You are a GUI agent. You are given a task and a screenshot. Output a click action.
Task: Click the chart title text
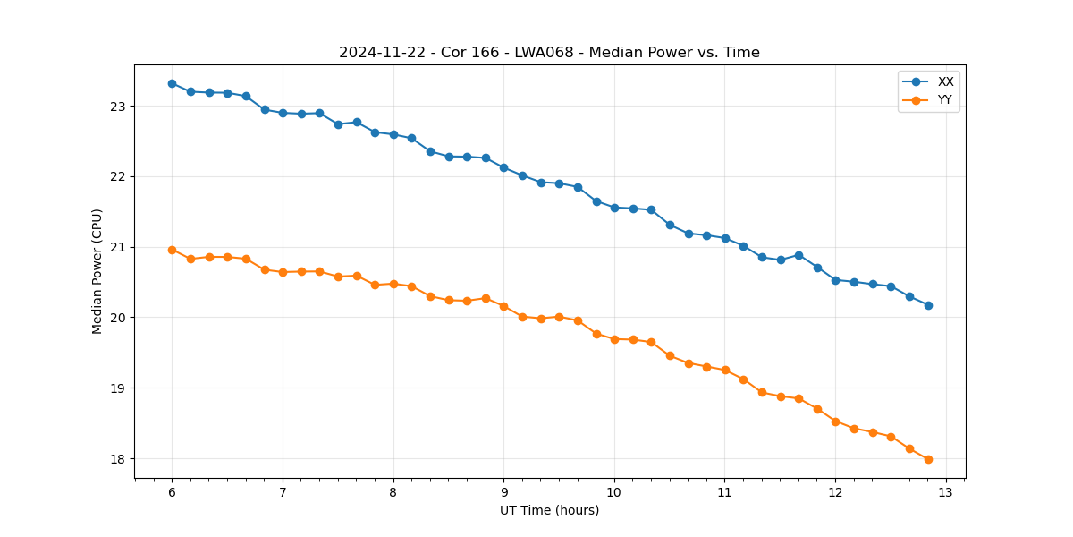point(549,53)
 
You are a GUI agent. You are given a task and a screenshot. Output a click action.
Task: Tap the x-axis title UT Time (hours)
point(549,510)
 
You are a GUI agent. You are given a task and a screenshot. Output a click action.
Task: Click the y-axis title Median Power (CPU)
point(97,271)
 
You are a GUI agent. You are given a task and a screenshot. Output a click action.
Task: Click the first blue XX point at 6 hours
point(172,83)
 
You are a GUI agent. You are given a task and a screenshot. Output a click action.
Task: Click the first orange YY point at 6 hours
point(172,250)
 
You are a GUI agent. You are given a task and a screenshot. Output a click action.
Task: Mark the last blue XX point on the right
point(928,305)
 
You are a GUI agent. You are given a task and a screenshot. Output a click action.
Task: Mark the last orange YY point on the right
point(928,459)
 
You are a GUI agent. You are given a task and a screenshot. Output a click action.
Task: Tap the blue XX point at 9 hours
point(503,167)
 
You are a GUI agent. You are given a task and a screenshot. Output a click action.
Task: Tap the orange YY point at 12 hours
point(835,422)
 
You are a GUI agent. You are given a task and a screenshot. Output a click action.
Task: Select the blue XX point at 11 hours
point(725,238)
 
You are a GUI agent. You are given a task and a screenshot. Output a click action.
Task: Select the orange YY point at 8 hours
point(393,284)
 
